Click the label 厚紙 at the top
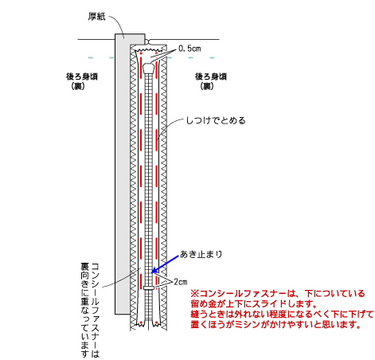[97, 17]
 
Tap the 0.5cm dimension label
[189, 49]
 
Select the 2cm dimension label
[181, 282]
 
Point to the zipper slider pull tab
[149, 68]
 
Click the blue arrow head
[154, 270]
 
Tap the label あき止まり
[201, 254]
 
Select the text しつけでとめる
[216, 121]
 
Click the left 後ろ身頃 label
[82, 76]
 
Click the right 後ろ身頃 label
[211, 76]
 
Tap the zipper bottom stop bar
[149, 288]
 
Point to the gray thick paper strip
[123, 174]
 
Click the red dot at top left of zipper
[141, 53]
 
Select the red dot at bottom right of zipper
[157, 323]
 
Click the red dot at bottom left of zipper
[141, 323]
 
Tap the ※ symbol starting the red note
[194, 294]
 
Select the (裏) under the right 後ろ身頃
[207, 86]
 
